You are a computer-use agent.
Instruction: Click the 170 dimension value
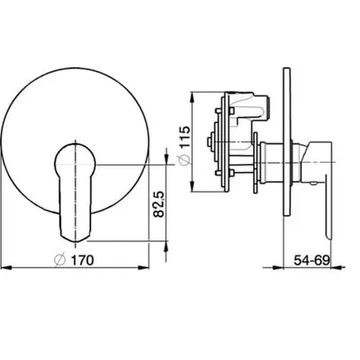tap(83, 260)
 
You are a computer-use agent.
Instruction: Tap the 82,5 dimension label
tap(159, 204)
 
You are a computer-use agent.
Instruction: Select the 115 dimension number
tap(184, 137)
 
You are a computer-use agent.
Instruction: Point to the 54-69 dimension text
tap(311, 260)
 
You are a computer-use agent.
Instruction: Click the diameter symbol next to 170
tap(60, 260)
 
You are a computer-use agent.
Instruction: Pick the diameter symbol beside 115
tap(184, 160)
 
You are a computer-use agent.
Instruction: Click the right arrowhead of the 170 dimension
tap(143, 267)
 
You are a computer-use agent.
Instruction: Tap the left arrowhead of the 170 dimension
tap(6, 267)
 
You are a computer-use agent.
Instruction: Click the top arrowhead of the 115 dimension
tap(193, 97)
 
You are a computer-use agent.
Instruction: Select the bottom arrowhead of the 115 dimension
tap(193, 186)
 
